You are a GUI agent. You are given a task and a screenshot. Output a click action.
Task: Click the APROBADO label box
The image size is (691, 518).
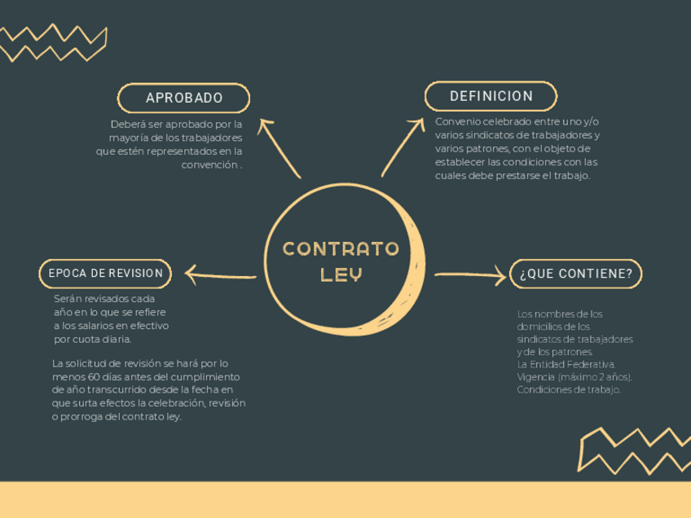(184, 99)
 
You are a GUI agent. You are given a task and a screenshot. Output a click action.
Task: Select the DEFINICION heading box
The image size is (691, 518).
(491, 96)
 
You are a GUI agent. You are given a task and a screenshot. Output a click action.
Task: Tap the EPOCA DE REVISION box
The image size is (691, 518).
(105, 274)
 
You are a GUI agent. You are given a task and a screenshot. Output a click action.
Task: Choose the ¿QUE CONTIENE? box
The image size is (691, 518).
(575, 274)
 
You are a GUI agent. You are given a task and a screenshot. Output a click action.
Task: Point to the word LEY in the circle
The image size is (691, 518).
(341, 275)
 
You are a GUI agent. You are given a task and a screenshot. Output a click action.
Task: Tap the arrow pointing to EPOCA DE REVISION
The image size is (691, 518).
(220, 275)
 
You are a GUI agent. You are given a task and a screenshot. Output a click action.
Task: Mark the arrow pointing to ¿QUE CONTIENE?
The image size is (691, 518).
(471, 275)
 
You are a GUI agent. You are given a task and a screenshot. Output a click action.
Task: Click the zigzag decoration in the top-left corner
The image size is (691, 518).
(53, 42)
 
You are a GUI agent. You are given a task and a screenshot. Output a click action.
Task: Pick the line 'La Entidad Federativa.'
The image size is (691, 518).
(566, 364)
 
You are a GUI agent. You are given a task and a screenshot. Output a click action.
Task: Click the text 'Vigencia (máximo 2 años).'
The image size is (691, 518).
(574, 377)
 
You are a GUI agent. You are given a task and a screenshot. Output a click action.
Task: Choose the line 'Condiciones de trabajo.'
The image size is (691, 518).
(569, 390)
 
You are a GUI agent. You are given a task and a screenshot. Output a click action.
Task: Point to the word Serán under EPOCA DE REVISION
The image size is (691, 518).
(68, 298)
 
